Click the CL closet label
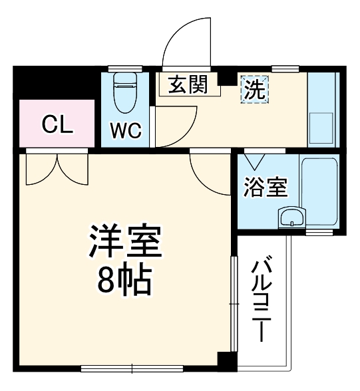click(57, 124)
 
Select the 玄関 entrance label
click(188, 84)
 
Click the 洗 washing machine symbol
click(254, 88)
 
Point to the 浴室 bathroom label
click(266, 187)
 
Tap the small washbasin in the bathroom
click(291, 216)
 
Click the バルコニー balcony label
click(261, 299)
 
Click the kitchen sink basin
click(323, 126)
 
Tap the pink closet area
click(57, 134)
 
